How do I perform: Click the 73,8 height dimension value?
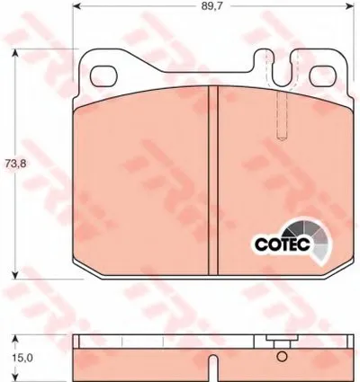coord(15,164)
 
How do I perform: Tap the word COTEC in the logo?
coord(282,244)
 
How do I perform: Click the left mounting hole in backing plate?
coord(103,76)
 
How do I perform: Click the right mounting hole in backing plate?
coord(323,76)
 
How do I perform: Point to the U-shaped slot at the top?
coord(283,69)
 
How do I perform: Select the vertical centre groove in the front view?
coord(213,180)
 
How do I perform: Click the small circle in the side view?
coord(282,357)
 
